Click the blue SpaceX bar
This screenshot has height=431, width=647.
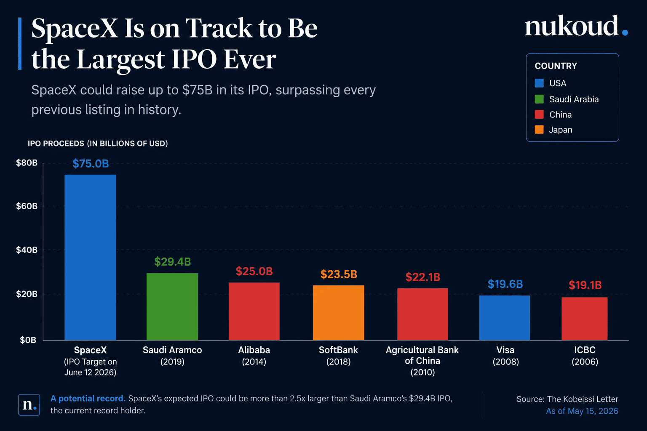[91, 257]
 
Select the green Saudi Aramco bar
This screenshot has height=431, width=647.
[172, 306]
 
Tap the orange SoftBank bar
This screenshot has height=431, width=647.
[338, 313]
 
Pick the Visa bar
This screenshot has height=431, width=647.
[505, 317]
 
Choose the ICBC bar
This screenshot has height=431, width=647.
[585, 319]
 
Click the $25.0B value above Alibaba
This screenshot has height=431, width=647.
[254, 271]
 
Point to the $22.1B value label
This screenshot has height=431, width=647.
[423, 277]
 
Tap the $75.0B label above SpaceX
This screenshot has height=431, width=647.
[91, 164]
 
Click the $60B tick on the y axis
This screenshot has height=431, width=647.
[27, 206]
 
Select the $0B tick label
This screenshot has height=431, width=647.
[28, 340]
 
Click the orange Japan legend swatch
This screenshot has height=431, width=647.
[539, 130]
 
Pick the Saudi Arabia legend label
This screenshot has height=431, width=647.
[574, 99]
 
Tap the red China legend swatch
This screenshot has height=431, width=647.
[539, 114]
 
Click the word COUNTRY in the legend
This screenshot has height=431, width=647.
[556, 66]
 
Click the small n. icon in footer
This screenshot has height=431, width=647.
[29, 405]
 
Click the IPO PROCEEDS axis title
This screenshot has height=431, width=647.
[98, 144]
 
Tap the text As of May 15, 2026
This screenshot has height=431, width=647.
[582, 411]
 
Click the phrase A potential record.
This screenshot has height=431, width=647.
[88, 399]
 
